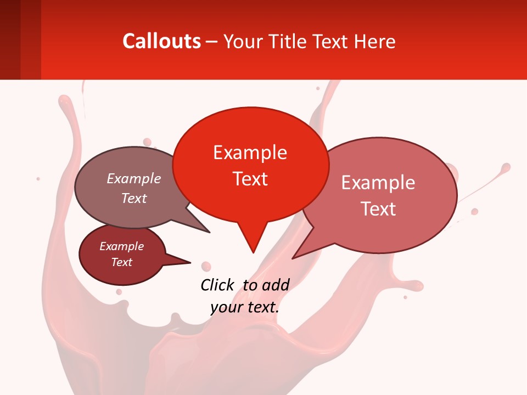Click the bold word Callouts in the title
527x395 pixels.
click(161, 41)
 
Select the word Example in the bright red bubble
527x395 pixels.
click(250, 153)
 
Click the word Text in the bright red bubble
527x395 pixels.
click(250, 179)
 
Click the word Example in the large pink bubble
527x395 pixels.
click(378, 183)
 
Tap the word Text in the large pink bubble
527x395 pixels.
click(379, 209)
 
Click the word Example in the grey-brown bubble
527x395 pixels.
click(134, 179)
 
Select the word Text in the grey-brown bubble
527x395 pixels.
click(134, 199)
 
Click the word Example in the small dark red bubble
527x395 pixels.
click(121, 247)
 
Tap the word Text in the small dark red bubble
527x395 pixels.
click(122, 262)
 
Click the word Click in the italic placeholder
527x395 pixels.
click(217, 285)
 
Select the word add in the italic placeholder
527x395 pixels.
click(276, 285)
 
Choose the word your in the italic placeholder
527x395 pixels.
click(226, 307)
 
